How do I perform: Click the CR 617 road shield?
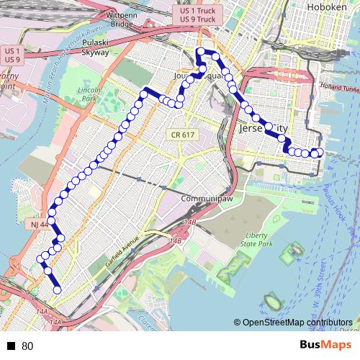[x=183, y=135]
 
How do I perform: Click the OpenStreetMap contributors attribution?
[x=297, y=323]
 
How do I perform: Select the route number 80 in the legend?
[x=27, y=346]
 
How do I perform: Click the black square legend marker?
[x=12, y=346]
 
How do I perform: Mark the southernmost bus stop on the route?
[x=57, y=291]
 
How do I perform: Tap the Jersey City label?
[x=261, y=128]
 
